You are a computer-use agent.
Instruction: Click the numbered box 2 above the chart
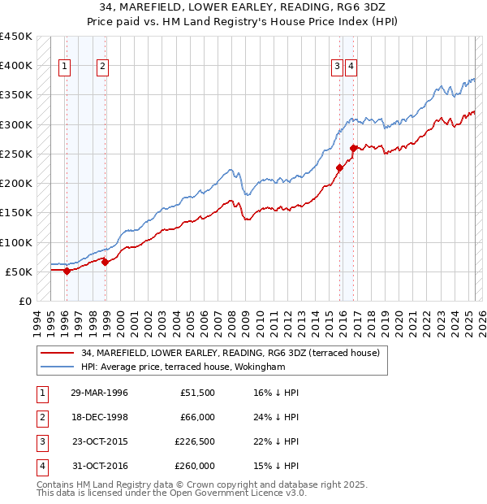103,67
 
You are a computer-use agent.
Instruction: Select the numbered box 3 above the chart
337,67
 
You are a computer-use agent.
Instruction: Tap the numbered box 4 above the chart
351,67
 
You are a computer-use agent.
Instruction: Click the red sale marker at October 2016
353,148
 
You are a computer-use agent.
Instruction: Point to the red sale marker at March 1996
67,271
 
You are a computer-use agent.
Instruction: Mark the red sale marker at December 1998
105,262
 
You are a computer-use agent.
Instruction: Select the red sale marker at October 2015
339,167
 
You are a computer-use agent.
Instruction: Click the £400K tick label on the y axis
17,66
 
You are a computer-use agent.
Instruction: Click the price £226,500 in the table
195,443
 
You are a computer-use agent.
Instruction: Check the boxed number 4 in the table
41,467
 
